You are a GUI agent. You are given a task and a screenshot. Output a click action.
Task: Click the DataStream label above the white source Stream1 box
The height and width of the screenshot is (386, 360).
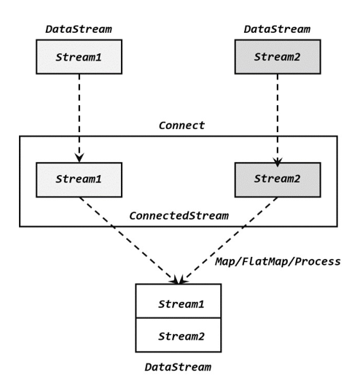coord(78,29)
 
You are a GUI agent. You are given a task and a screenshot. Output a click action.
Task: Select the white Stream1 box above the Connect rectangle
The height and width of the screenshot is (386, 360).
coord(79,57)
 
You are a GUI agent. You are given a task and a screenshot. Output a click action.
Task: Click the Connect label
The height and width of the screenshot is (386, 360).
coord(181,126)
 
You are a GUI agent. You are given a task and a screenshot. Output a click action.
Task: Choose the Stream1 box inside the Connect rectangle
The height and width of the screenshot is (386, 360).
coord(79,180)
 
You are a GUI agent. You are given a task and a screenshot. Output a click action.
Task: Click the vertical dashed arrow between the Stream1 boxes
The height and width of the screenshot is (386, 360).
coord(79,117)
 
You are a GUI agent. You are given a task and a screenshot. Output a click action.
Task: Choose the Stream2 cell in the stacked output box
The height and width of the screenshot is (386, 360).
coord(178,336)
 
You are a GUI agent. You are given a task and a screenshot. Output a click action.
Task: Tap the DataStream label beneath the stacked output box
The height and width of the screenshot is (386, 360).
coord(178,367)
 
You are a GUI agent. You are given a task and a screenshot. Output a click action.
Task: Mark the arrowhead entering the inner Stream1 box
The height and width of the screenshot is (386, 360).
coord(79,158)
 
